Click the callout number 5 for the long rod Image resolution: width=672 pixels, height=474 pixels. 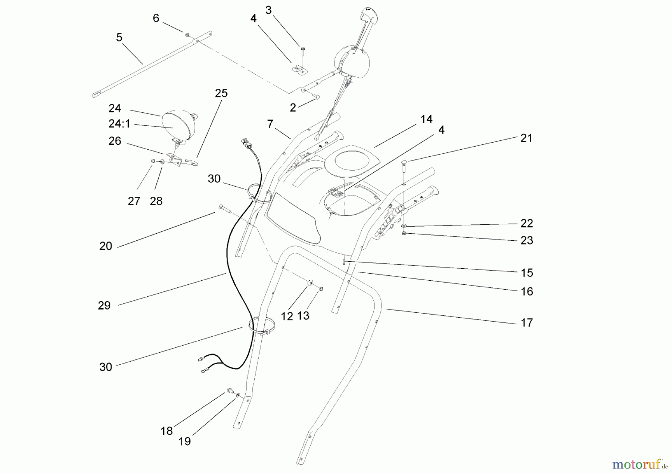119,37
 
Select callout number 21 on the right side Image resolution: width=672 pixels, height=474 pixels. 526,138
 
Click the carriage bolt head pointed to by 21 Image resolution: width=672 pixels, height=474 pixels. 404,162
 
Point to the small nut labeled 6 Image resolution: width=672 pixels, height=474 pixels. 187,35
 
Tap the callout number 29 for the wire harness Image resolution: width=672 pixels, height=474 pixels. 104,306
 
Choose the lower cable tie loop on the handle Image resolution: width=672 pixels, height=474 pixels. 262,325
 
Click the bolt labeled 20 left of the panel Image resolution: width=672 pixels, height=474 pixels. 222,208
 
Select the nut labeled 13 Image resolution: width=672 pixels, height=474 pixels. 321,289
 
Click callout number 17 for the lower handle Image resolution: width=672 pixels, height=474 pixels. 526,322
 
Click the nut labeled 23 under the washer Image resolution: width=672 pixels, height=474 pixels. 404,234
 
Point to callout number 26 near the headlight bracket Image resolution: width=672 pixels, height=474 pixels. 115,141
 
